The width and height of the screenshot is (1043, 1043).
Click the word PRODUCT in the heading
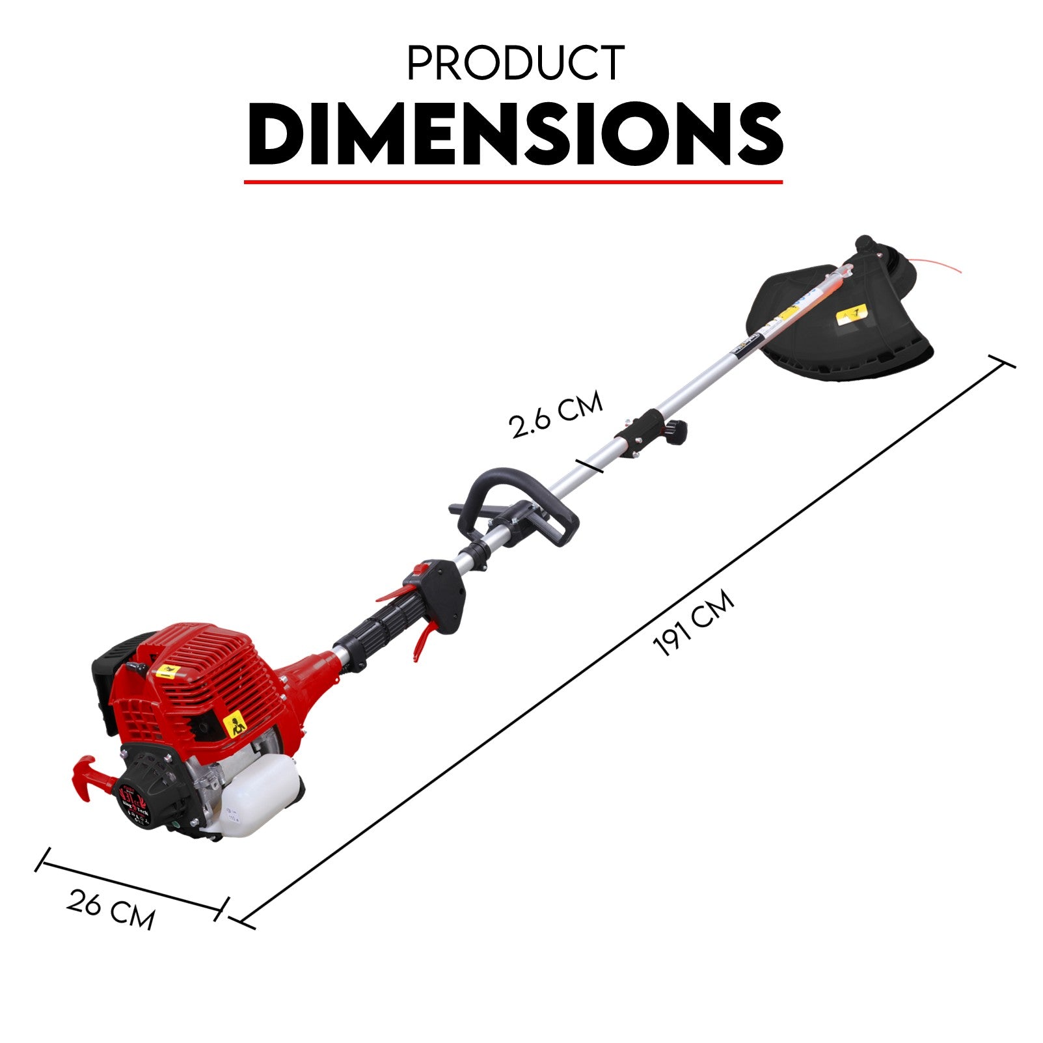point(515,63)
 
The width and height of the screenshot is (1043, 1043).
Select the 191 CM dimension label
point(694,623)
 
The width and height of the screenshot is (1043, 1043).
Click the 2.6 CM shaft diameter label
point(556,415)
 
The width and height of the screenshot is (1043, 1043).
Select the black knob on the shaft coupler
point(677,429)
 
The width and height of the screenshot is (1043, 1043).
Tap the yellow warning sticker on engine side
point(236,724)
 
